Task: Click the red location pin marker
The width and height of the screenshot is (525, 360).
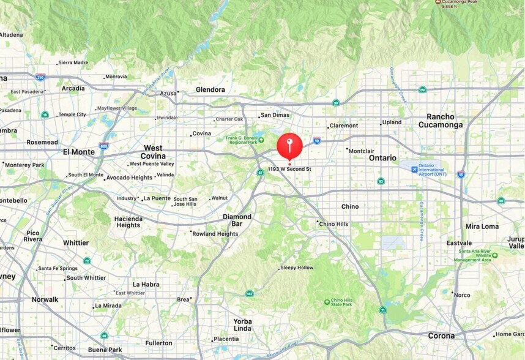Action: point(289,146)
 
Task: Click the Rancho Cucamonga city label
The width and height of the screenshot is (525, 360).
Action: point(441,121)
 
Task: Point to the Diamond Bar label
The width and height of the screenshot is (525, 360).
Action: point(237,220)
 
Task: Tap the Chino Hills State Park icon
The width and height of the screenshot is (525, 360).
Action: point(327,302)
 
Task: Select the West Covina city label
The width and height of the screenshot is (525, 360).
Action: point(153,152)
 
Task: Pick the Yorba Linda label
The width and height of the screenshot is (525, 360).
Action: point(242,324)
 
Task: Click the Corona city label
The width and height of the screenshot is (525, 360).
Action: point(441,336)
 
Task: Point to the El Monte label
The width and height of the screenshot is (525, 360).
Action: point(79,151)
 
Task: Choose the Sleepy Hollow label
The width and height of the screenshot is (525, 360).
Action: point(297,268)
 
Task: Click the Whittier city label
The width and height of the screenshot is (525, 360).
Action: point(75,242)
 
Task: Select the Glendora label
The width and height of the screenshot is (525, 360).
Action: point(210,89)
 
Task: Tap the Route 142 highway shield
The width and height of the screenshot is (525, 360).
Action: point(249,293)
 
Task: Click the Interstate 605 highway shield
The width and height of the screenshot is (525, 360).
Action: point(103,146)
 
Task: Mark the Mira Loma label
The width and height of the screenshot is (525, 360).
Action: point(482,226)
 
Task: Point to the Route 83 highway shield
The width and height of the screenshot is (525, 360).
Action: point(381,181)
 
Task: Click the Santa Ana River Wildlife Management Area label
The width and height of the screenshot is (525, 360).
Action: point(472,256)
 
